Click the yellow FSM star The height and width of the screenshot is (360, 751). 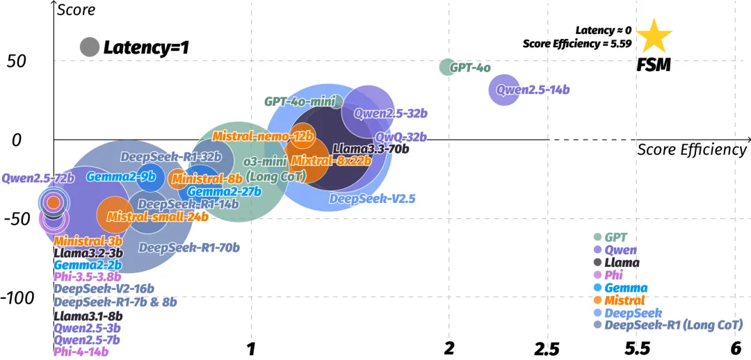[x=654, y=38]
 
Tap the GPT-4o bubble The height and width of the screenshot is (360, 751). [x=446, y=67]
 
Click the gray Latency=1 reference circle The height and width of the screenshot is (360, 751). [x=89, y=47]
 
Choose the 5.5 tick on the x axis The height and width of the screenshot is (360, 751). [x=638, y=347]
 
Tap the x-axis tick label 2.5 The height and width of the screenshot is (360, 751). [x=547, y=347]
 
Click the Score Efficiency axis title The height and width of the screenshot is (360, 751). [x=692, y=149]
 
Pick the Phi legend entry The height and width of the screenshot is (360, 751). [x=613, y=275]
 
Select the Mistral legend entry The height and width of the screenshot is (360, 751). [x=624, y=300]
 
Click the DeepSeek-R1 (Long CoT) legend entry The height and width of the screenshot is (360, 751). [x=673, y=325]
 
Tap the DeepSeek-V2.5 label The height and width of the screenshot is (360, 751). [x=372, y=199]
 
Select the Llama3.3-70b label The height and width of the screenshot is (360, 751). [x=371, y=148]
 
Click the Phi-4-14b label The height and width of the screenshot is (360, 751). [x=81, y=352]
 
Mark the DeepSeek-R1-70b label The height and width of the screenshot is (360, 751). [x=189, y=247]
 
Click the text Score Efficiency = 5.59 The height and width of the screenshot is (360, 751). [x=577, y=43]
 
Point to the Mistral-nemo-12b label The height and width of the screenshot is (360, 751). [x=263, y=136]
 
